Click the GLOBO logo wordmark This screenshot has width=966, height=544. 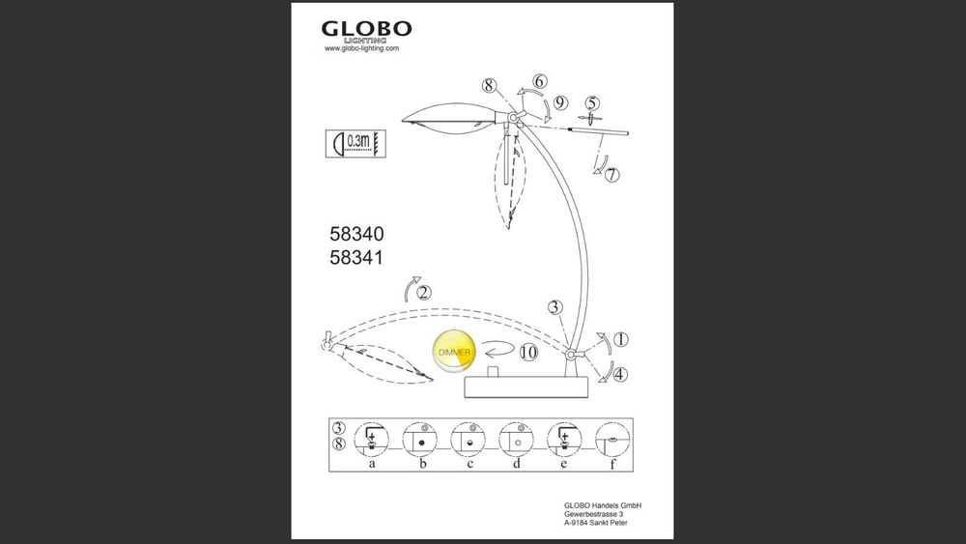tap(366, 29)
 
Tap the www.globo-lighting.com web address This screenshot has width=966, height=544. tap(361, 48)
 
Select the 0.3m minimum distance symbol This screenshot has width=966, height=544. tap(355, 144)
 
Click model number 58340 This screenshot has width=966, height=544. tap(356, 234)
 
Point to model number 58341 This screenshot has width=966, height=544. tap(356, 258)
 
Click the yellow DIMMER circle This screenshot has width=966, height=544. tap(454, 352)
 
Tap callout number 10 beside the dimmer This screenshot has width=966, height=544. tap(528, 353)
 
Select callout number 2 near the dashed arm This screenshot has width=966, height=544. tap(424, 293)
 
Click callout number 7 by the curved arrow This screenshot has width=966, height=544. tap(611, 175)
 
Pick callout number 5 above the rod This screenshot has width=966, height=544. tap(593, 103)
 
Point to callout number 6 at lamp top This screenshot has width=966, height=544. tap(540, 81)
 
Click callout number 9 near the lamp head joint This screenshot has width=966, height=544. tap(560, 102)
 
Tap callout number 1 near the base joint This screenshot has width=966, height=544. tap(621, 339)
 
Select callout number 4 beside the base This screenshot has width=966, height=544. tap(620, 374)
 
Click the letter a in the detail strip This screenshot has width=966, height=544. tap(372, 463)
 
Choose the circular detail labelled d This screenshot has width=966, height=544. tap(516, 441)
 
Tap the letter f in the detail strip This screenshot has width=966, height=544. tap(612, 464)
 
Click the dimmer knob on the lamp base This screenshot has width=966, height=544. tap(492, 373)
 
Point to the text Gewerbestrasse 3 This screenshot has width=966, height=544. tap(593, 514)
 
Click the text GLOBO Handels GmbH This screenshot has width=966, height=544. tap(603, 505)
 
